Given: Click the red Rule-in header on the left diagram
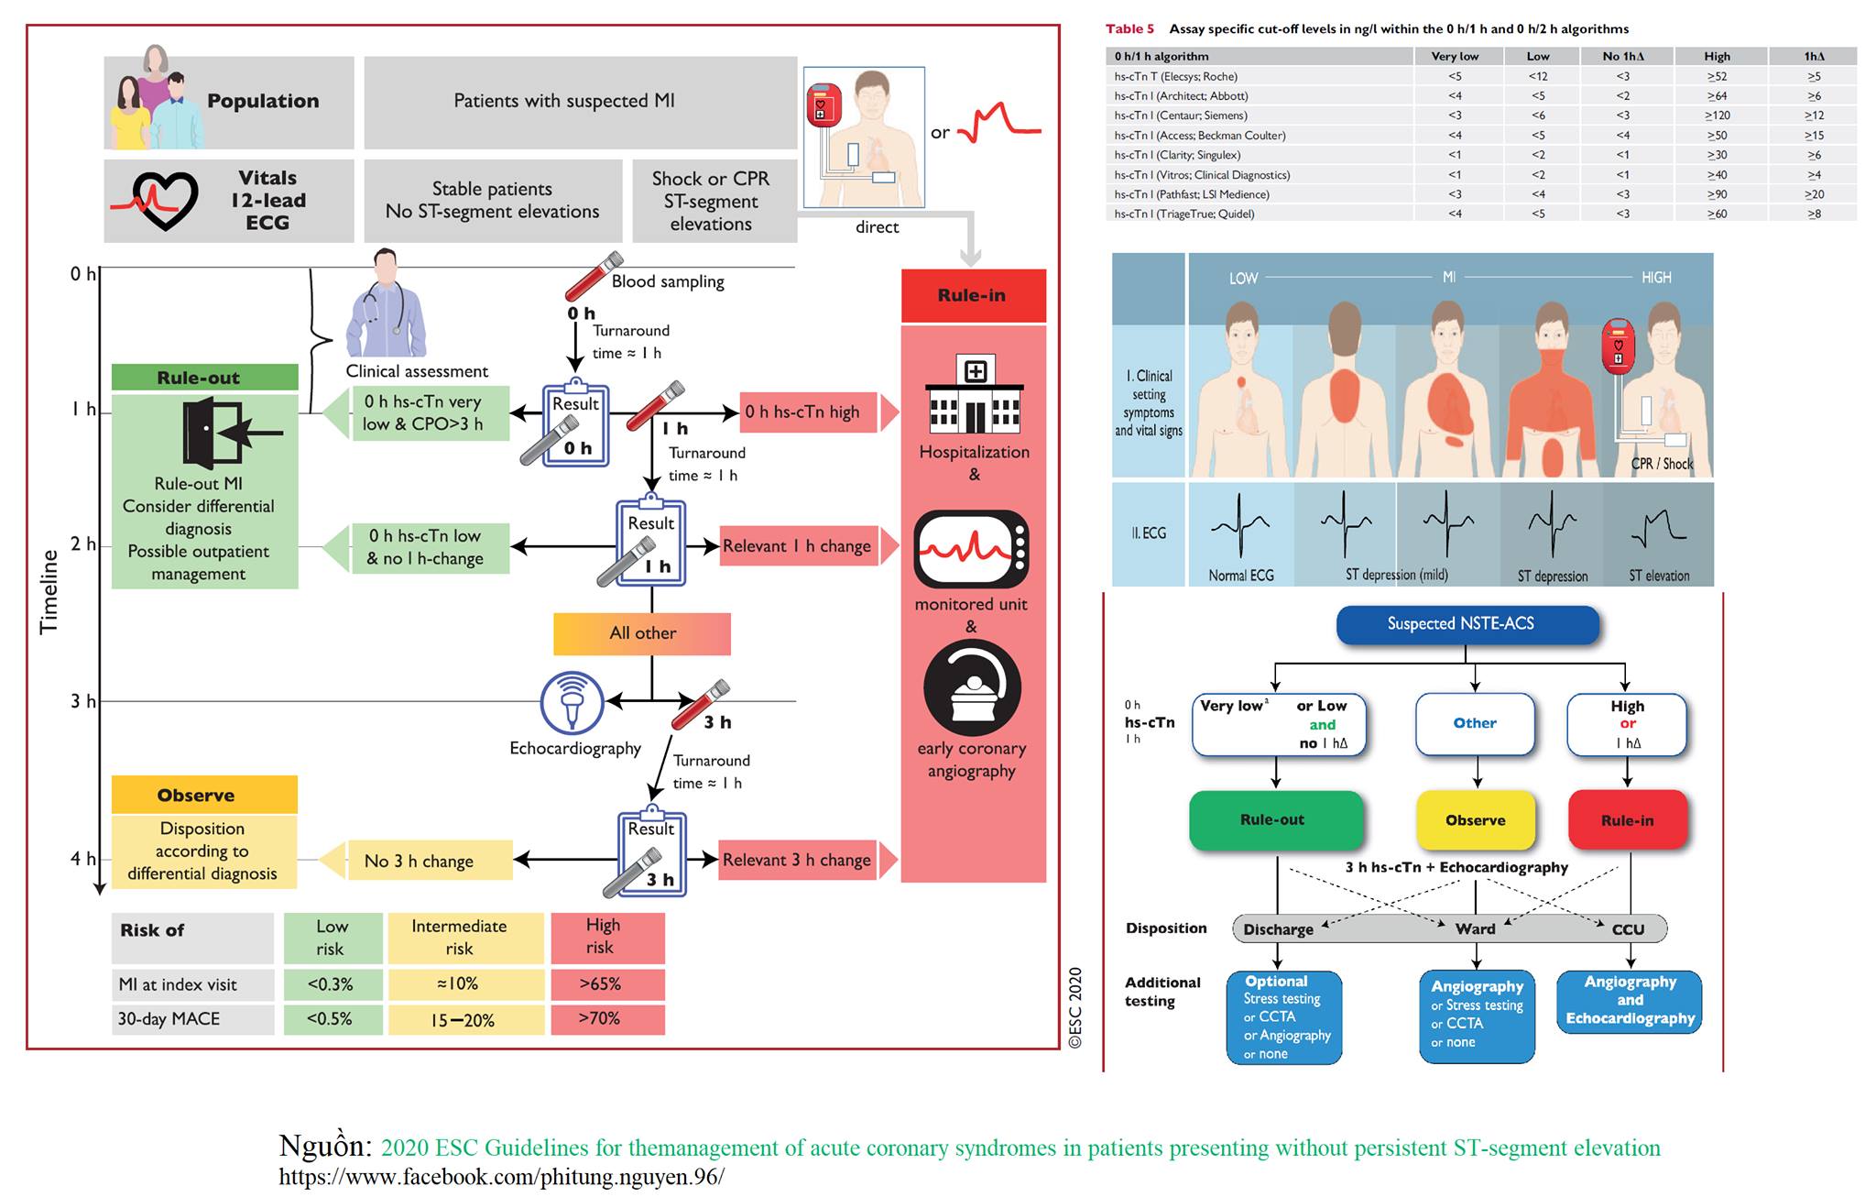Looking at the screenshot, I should (973, 295).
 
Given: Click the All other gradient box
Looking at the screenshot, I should (642, 633).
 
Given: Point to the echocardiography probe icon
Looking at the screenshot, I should (572, 704).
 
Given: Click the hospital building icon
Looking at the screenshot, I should (975, 396).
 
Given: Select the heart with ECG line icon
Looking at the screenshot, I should (155, 201).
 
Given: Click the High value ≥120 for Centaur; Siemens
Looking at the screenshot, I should (1717, 115).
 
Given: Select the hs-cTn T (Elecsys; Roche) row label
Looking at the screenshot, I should (1175, 76).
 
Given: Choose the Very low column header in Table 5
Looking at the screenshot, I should (1455, 56).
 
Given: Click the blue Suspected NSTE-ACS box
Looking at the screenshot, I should (1467, 624).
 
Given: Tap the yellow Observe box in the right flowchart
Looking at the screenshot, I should (1475, 820).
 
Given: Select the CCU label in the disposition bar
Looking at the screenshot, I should (1628, 929).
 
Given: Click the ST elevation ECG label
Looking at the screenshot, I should (1659, 576).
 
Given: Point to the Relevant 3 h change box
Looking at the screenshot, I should (797, 860).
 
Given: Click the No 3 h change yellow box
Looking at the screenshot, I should (419, 861).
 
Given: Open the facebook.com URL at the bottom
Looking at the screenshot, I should (501, 1177).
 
